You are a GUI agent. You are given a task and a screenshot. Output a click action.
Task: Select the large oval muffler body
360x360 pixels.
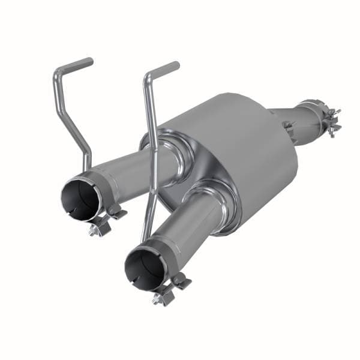(240, 150)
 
